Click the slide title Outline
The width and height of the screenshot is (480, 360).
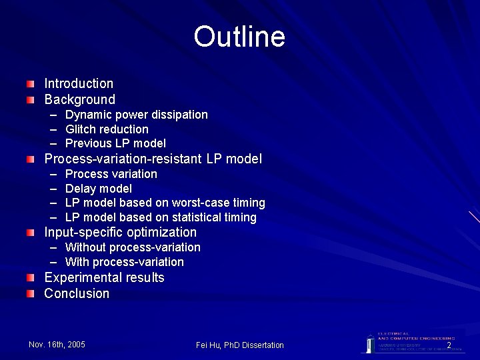pyautogui.click(x=239, y=37)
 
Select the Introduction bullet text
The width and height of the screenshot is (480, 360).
pyautogui.click(x=79, y=83)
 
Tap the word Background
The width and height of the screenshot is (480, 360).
pyautogui.click(x=79, y=99)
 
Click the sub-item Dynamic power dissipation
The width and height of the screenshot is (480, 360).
pyautogui.click(x=136, y=115)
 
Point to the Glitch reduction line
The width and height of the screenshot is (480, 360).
pyautogui.click(x=107, y=129)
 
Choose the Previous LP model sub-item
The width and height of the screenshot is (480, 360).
pyautogui.click(x=115, y=143)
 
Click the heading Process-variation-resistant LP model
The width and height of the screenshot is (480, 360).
pyautogui.click(x=153, y=159)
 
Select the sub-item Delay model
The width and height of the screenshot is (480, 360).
pyautogui.click(x=99, y=189)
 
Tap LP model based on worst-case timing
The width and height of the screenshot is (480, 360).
pyautogui.click(x=165, y=203)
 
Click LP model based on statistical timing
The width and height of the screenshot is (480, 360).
pyautogui.click(x=161, y=217)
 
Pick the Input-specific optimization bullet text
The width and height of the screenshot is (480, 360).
pyautogui.click(x=120, y=233)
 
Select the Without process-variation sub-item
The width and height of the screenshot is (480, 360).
pyautogui.click(x=133, y=247)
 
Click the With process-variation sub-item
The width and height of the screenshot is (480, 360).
pyautogui.click(x=124, y=262)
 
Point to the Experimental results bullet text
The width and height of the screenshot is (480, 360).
pyautogui.click(x=104, y=277)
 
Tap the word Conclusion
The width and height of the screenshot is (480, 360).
pyautogui.click(x=77, y=293)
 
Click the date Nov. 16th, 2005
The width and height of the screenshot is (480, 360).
pyautogui.click(x=57, y=344)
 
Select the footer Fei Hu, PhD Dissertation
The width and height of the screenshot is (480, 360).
pyautogui.click(x=240, y=345)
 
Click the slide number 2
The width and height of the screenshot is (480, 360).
pyautogui.click(x=449, y=345)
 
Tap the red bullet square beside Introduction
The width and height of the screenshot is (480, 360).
pyautogui.click(x=31, y=84)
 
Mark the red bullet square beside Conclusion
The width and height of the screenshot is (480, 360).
pyautogui.click(x=31, y=294)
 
